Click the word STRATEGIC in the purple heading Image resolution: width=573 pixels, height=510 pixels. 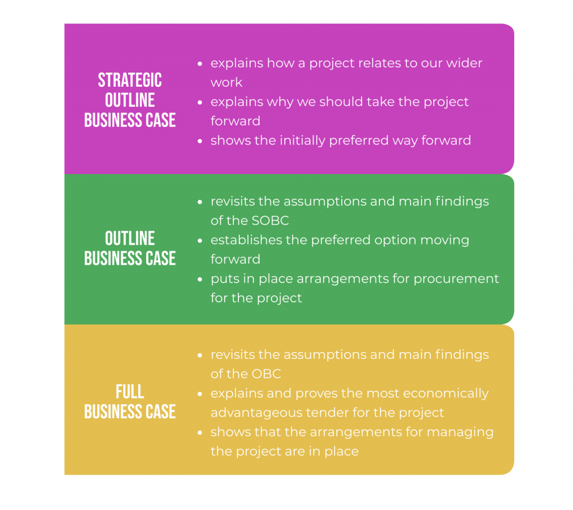tap(130, 80)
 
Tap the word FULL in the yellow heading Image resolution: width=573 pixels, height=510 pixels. tap(130, 392)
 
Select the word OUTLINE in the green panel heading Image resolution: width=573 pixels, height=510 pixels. tap(130, 238)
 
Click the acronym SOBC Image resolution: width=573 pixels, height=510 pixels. tap(270, 221)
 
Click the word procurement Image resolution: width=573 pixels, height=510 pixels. tap(456, 279)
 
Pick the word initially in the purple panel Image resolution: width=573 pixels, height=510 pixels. tap(303, 141)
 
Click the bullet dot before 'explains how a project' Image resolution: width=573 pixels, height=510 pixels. tap(200, 64)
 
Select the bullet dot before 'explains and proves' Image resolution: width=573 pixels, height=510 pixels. tap(200, 394)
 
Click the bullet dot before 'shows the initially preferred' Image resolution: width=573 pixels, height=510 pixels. tap(200, 141)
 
